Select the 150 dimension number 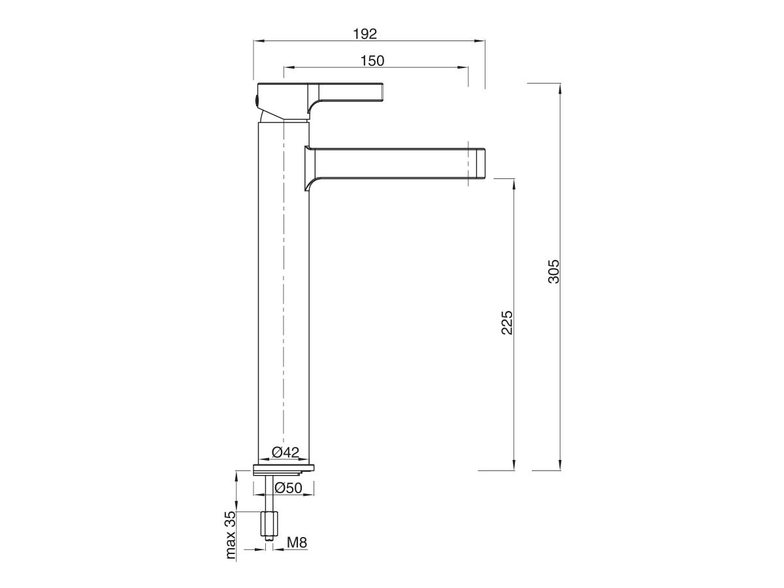click(372, 60)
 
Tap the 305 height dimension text click(554, 272)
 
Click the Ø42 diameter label click(285, 452)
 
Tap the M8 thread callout click(297, 542)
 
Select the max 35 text click(230, 536)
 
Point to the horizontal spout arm click(392, 163)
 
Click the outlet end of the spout click(480, 163)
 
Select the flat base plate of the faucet click(284, 468)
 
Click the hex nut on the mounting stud click(269, 523)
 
